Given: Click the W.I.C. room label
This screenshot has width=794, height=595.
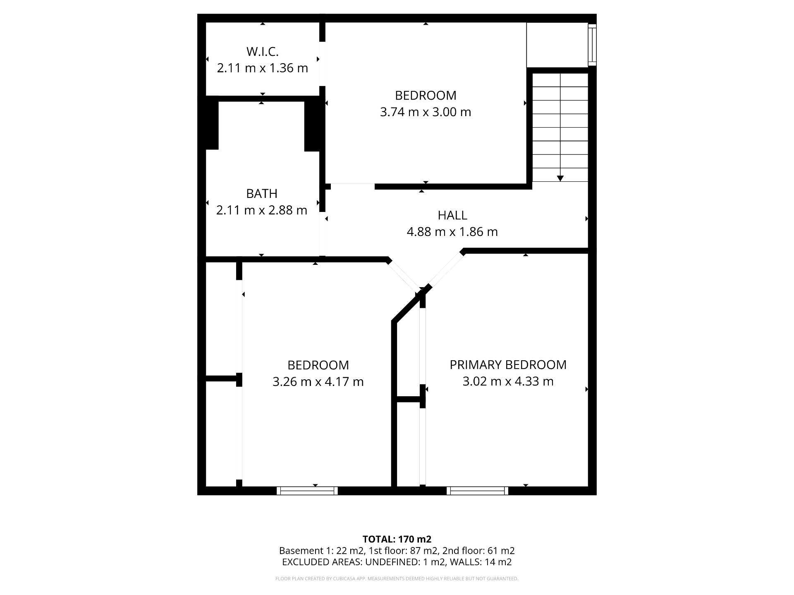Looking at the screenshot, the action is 263,52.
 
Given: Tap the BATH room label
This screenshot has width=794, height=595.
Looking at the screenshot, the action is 262,193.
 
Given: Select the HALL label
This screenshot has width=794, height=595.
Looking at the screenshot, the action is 452,215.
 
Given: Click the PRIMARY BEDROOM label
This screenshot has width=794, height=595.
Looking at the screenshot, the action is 508,364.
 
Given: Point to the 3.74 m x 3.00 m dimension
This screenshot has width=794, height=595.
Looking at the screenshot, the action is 426,112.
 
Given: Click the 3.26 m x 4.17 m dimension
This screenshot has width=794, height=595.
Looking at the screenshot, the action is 318,381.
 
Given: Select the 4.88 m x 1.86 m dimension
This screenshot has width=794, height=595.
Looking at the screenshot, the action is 452,232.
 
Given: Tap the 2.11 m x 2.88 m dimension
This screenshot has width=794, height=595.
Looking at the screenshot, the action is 262,210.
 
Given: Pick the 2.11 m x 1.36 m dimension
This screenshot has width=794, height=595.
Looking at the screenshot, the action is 263,68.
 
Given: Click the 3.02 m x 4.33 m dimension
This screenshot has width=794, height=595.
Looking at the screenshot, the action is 508,381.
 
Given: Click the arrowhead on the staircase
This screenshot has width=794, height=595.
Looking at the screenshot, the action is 560,178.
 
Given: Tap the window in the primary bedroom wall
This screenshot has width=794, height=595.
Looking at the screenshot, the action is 478,491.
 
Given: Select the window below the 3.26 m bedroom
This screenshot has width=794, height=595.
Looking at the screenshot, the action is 307,491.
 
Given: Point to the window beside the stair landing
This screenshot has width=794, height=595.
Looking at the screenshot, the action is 593,45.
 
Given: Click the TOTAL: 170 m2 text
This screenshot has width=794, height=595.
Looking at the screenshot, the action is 397,539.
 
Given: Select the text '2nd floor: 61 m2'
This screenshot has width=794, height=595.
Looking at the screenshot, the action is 478,551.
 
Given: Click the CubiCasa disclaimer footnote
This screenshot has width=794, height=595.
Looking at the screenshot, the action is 397,579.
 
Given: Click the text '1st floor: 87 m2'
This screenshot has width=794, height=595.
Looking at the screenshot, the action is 403,551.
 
